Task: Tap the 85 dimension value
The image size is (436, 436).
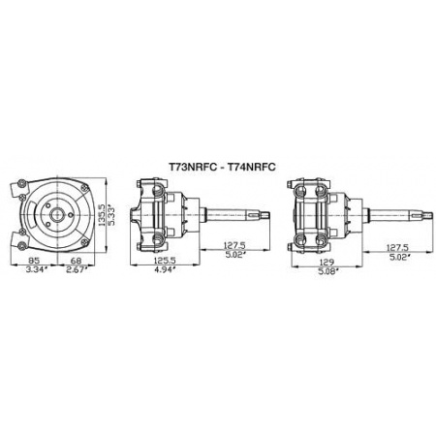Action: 33,260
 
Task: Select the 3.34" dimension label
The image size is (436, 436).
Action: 37,269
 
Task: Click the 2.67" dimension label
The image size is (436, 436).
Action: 78,269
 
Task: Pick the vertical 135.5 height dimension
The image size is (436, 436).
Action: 102,215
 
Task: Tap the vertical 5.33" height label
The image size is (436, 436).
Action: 110,215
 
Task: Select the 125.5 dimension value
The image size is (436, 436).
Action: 165,260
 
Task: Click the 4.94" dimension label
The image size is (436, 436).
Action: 166,269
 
